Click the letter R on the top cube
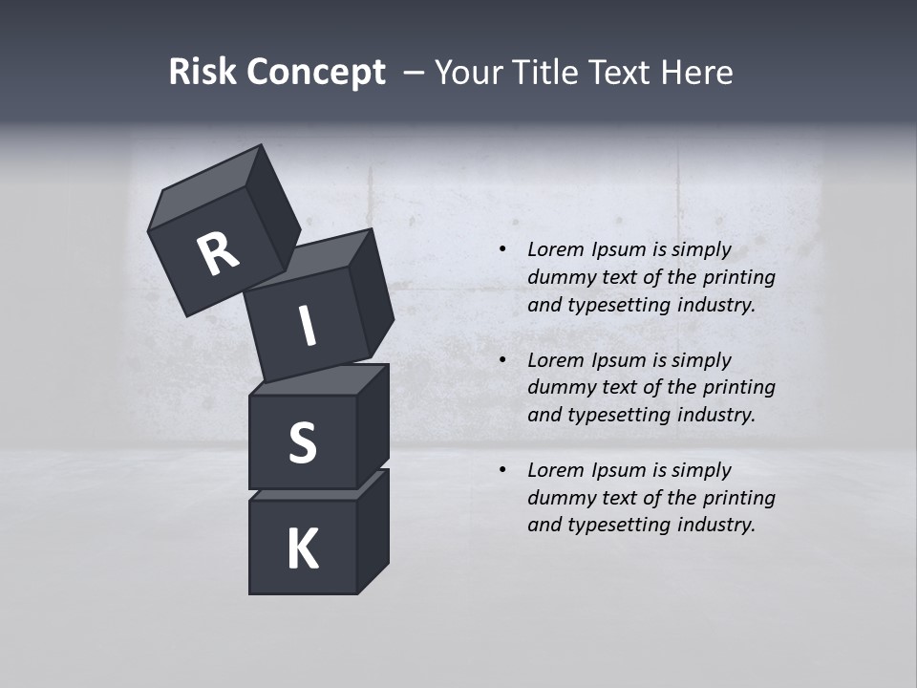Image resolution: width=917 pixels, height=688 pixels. (218, 254)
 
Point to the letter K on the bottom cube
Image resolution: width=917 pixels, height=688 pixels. (302, 549)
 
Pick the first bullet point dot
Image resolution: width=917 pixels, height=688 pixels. (502, 250)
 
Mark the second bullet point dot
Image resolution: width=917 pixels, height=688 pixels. (502, 360)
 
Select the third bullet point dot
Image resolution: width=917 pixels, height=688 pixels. (502, 470)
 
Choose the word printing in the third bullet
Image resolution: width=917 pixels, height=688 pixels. (738, 498)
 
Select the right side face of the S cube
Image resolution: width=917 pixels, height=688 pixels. (373, 425)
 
